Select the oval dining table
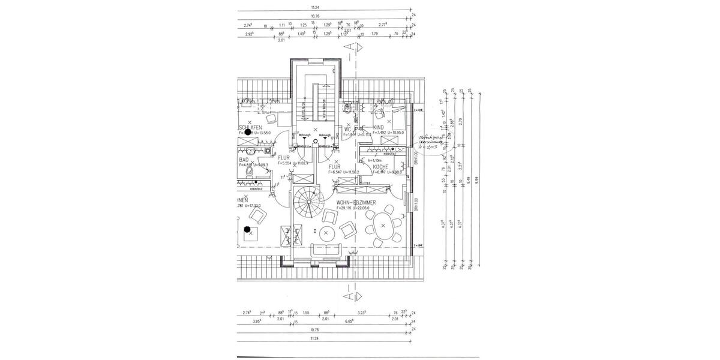point(382,227)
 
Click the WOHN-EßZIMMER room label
point(356,203)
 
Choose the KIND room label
point(378,128)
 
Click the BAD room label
point(244,160)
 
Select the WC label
point(347,128)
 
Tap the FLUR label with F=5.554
point(283,158)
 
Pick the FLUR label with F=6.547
point(334,167)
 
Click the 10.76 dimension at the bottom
point(315,329)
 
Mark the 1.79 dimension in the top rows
point(374,34)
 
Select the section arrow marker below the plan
point(354,296)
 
